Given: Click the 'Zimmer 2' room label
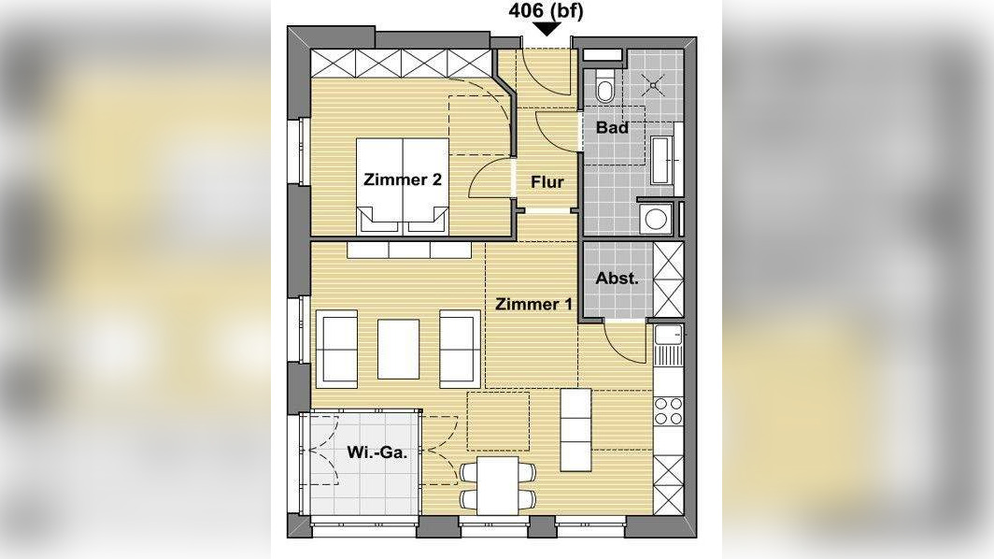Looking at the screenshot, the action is [403, 179].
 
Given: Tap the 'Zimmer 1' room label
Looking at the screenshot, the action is [533, 304].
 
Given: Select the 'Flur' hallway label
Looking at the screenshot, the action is [547, 182].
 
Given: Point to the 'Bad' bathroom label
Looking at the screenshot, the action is [613, 127].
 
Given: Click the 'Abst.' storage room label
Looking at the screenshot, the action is [617, 278].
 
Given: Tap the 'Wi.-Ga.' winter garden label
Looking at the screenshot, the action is [377, 452].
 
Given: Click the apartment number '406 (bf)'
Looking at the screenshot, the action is [546, 11].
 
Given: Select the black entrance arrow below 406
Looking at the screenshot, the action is [547, 29].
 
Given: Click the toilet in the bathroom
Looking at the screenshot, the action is [604, 86].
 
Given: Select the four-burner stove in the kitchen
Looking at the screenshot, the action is [668, 410].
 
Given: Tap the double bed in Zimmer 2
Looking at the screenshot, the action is [403, 187].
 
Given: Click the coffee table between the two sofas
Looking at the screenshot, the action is [398, 349].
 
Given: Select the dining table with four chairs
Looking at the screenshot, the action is [498, 485].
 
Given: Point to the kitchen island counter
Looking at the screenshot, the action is [575, 430].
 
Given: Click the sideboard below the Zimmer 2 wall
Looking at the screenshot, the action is [409, 250].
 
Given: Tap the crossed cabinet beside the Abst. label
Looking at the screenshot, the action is [668, 279].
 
